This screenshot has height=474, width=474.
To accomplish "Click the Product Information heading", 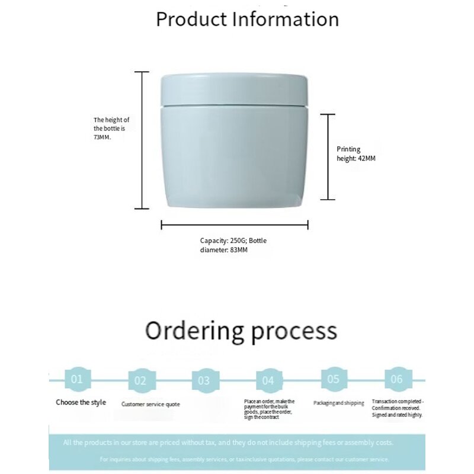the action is (x=247, y=19).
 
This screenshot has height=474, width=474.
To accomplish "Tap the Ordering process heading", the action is (x=241, y=331).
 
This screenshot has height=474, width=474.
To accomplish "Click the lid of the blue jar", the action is (x=235, y=89).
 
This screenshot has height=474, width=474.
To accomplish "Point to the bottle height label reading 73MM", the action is (x=111, y=128).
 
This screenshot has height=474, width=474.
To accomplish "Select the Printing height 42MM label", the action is (x=356, y=154).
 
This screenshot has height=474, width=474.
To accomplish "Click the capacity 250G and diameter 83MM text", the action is (x=233, y=245).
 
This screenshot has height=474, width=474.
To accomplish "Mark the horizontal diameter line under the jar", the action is (x=235, y=225).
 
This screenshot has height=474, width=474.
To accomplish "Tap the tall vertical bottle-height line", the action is (x=142, y=140).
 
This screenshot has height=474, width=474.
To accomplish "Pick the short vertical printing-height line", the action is (x=328, y=156).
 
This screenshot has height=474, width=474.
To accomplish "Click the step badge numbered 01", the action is (x=77, y=379).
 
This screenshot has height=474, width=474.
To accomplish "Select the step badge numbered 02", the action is (x=140, y=380).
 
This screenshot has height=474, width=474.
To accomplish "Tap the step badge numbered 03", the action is (x=204, y=380).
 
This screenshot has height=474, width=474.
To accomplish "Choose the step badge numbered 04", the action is (x=268, y=380).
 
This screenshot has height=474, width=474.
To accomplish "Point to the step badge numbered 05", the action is (x=333, y=379).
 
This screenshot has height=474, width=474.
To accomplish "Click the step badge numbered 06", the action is (x=397, y=379).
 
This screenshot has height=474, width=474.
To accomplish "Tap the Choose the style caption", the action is (x=81, y=402).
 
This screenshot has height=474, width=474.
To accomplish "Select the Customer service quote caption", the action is (x=150, y=404).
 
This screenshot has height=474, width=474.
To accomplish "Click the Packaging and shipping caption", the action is (x=338, y=403).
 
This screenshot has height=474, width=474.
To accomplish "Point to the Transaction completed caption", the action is (x=397, y=408).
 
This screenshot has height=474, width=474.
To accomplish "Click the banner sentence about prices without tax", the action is (x=228, y=443).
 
